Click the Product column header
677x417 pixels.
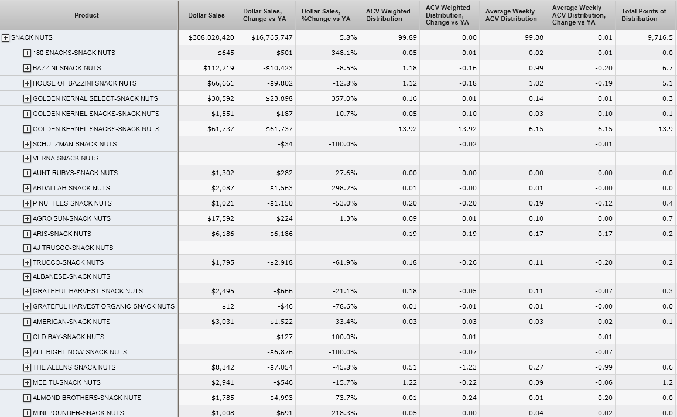coord(87,15)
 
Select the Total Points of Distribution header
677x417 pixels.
coord(644,15)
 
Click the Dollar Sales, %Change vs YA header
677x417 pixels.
coord(326,15)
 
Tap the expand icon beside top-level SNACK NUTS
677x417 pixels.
coord(6,37)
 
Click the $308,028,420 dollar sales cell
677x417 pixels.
coord(211,37)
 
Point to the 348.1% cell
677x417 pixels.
coord(343,53)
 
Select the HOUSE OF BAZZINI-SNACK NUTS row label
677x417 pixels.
coord(84,83)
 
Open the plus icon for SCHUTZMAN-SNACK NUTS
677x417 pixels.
coord(27,144)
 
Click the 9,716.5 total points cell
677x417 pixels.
coord(660,37)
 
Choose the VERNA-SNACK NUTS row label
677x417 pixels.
coord(65,158)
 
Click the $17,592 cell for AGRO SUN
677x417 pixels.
coord(221,218)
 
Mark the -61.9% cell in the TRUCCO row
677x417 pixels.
coord(343,262)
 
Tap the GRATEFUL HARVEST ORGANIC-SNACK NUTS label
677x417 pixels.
coord(104,306)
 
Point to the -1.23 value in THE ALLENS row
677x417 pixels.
coord(468,367)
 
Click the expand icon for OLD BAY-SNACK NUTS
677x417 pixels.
coord(27,337)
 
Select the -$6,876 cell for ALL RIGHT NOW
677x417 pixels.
coord(279,352)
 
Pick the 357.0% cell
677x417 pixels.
coord(343,98)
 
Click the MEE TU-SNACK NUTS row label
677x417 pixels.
coord(66,382)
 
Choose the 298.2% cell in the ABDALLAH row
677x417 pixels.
coord(343,188)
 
